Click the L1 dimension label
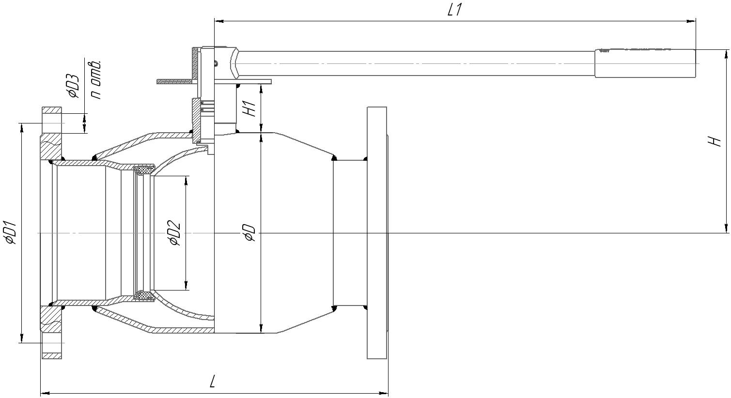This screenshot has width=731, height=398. (454, 10)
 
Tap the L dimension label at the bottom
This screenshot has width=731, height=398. (213, 383)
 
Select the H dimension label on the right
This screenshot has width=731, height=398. (715, 141)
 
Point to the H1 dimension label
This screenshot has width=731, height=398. (250, 108)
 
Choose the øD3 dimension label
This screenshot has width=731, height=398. (74, 86)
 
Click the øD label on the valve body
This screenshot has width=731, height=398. (249, 233)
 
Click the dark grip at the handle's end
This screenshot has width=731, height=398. (645, 63)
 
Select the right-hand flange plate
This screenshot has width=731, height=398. (376, 233)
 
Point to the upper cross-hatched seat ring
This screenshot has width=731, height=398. (144, 169)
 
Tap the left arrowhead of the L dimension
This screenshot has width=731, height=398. (44, 394)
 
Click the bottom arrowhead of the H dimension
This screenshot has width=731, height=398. (726, 230)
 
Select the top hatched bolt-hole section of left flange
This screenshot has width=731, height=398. (52, 110)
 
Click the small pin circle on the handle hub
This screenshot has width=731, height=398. (216, 62)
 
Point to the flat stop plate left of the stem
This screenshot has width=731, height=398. (174, 82)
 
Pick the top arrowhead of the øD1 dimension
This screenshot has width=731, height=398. (21, 126)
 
